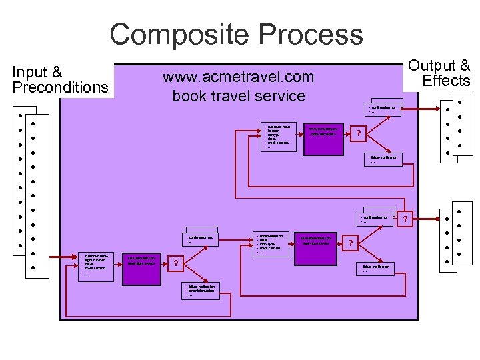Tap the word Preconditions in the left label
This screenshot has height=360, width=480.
click(60, 87)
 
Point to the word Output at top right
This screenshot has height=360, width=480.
click(439, 65)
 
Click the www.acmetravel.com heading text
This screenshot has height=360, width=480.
click(238, 77)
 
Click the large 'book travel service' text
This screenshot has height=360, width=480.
click(238, 95)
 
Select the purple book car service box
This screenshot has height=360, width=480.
click(323, 137)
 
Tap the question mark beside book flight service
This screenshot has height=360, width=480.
click(175, 264)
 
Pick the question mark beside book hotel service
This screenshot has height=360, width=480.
click(350, 244)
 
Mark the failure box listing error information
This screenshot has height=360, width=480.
click(201, 291)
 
